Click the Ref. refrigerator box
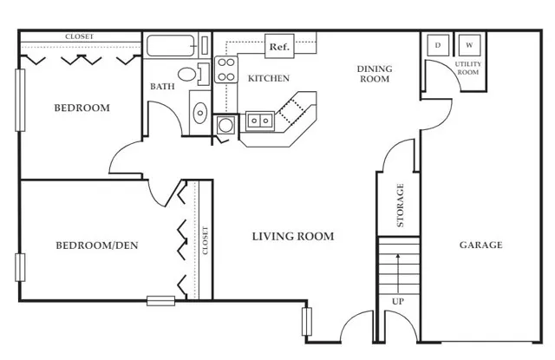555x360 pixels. pyautogui.click(x=279, y=46)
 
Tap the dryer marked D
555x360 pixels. pyautogui.click(x=438, y=45)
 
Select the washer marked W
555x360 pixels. pyautogui.click(x=469, y=45)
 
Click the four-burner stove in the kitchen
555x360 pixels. pyautogui.click(x=226, y=69)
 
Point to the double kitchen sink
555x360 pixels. pyautogui.click(x=260, y=121)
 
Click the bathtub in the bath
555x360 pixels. pyautogui.click(x=171, y=46)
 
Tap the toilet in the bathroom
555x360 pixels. pyautogui.click(x=193, y=75)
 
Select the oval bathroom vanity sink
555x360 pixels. pyautogui.click(x=200, y=113)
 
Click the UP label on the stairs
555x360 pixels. pyautogui.click(x=398, y=302)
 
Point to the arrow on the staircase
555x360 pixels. pyautogui.click(x=398, y=273)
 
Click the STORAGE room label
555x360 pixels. pyautogui.click(x=400, y=206)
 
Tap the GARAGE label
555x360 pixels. pyautogui.click(x=480, y=245)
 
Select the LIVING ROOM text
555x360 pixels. pyautogui.click(x=293, y=237)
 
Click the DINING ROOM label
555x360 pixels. pyautogui.click(x=375, y=74)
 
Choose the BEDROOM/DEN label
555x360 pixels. pyautogui.click(x=97, y=245)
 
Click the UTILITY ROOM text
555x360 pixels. pyautogui.click(x=468, y=68)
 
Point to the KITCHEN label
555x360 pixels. pyautogui.click(x=269, y=78)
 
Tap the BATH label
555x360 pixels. pyautogui.click(x=162, y=87)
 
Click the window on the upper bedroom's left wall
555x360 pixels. pyautogui.click(x=20, y=100)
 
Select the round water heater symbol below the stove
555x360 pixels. pyautogui.click(x=225, y=125)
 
